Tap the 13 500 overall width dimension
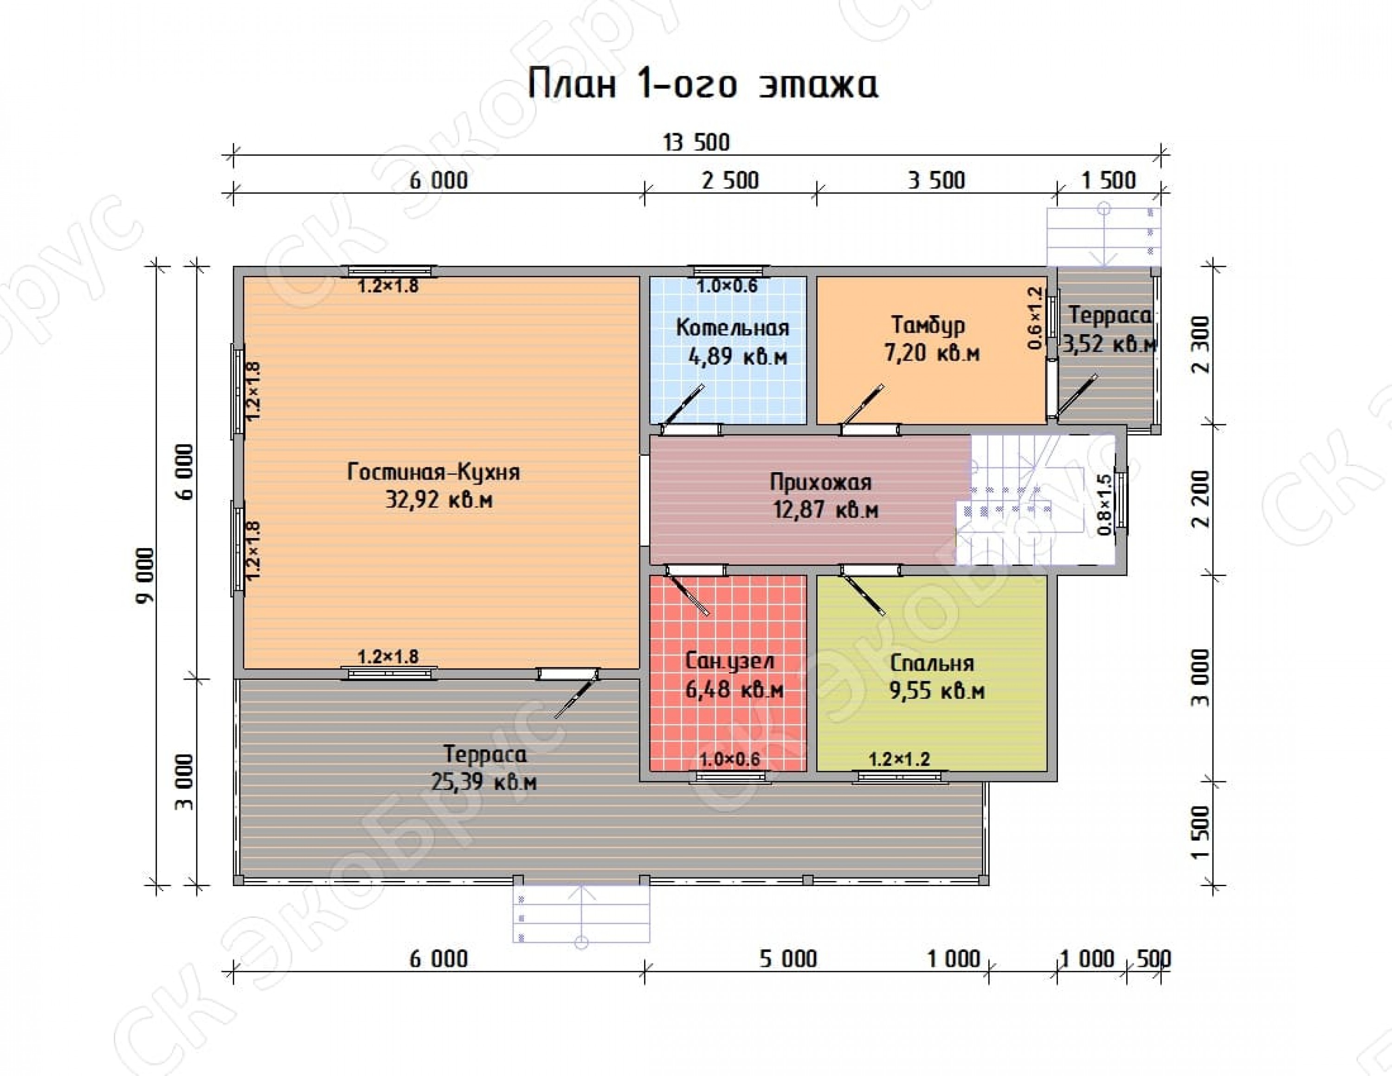(696, 142)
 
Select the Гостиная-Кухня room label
(433, 473)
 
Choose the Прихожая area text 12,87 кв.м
(825, 510)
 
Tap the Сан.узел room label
(730, 661)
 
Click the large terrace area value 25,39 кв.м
(484, 782)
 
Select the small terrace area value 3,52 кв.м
(1108, 345)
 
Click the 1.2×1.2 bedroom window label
(899, 759)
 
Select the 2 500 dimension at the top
(730, 181)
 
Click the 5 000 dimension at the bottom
(788, 959)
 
